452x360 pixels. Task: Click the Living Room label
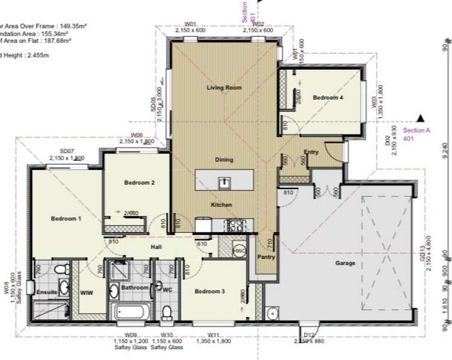click(x=224, y=88)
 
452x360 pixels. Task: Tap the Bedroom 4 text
click(x=328, y=97)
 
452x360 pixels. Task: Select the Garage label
click(x=344, y=264)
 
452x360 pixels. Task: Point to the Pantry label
click(x=266, y=257)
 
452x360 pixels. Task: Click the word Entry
click(x=311, y=152)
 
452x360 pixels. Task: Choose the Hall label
click(x=157, y=247)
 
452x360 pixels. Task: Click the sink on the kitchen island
click(x=223, y=181)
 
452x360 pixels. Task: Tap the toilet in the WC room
click(x=167, y=311)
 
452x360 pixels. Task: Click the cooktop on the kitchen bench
click(x=234, y=224)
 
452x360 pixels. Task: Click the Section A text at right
click(x=416, y=130)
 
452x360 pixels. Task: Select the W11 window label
click(x=212, y=335)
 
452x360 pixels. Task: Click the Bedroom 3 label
click(x=209, y=292)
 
